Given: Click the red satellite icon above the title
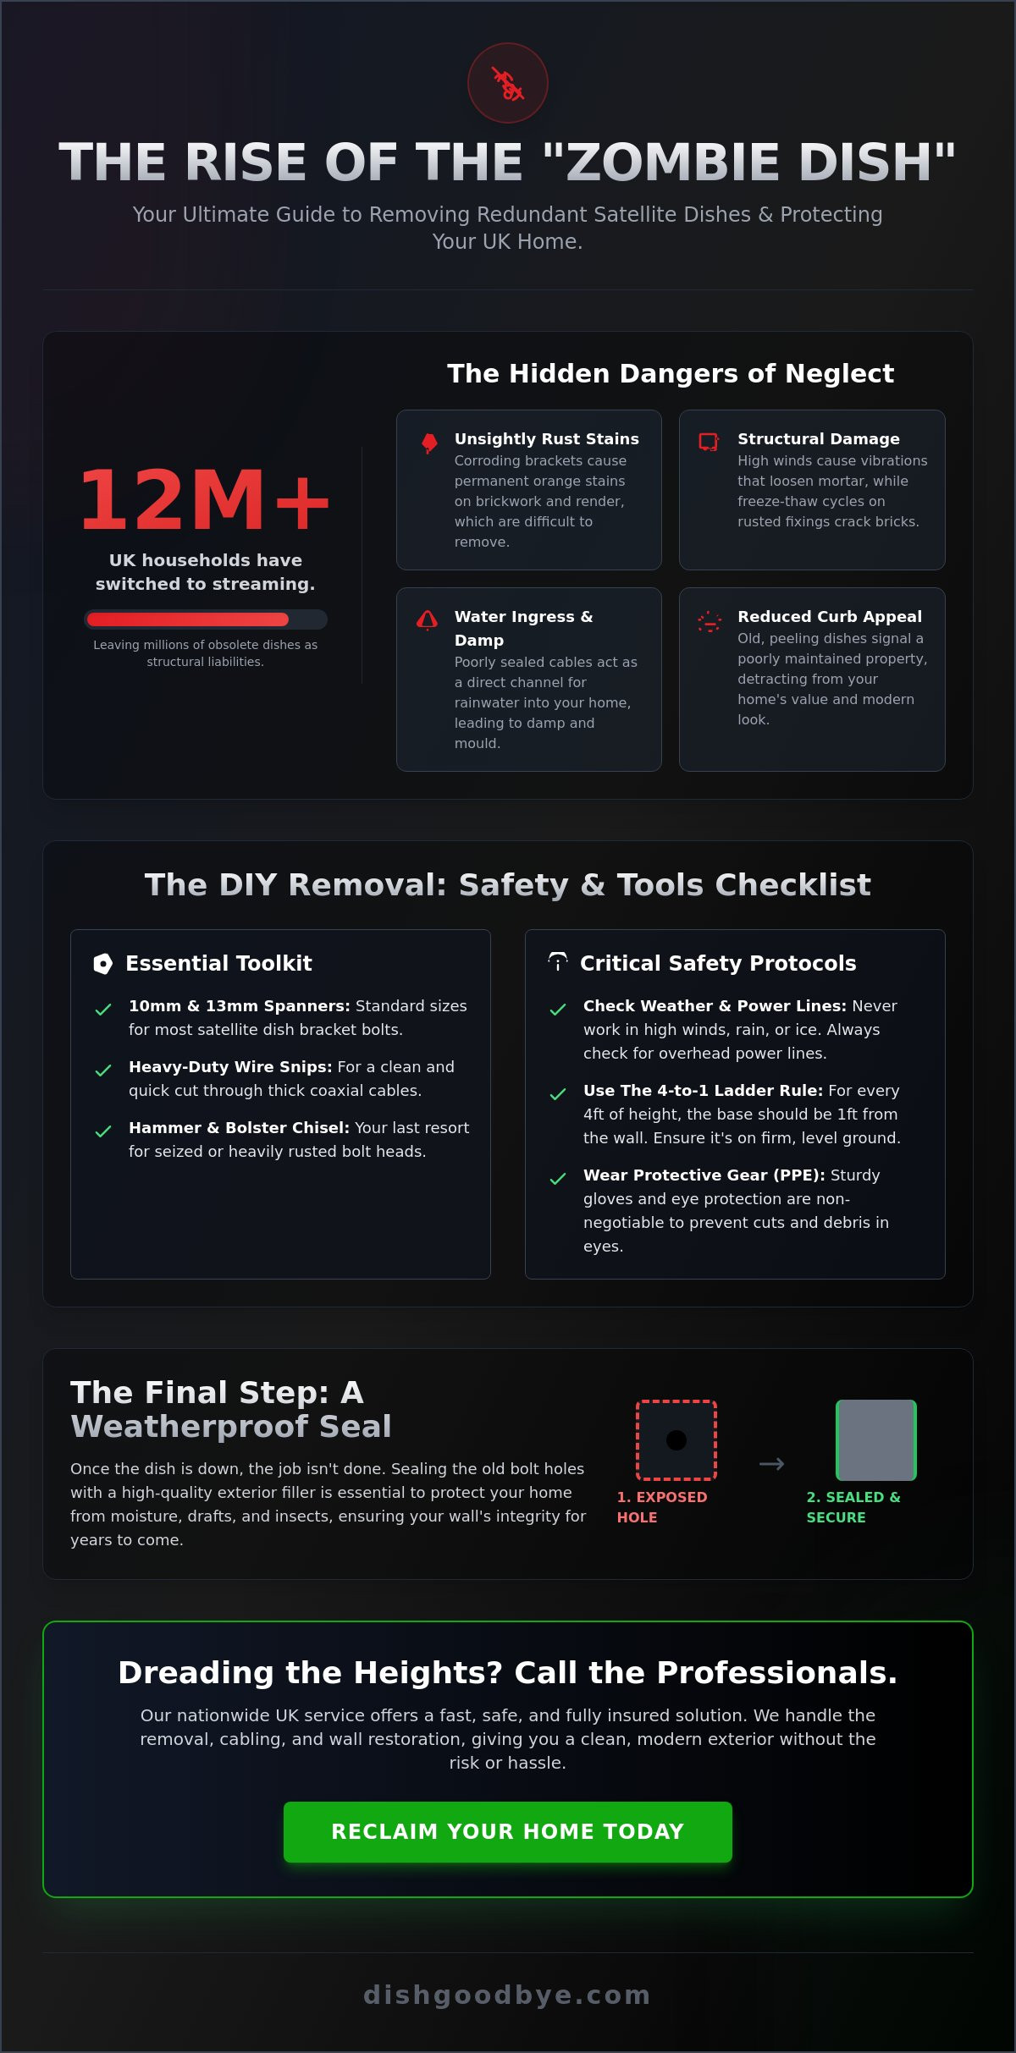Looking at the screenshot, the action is (508, 84).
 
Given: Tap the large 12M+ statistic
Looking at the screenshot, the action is (205, 500).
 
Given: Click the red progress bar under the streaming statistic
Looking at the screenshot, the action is (188, 619).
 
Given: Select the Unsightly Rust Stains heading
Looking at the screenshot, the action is (546, 438).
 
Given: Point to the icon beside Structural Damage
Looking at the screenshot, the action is (709, 442).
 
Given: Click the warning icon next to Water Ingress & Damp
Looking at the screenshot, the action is (428, 620).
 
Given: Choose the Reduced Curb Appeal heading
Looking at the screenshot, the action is (829, 616).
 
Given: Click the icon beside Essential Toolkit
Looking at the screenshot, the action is (103, 963).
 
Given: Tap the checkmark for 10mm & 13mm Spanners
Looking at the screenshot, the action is (103, 1010).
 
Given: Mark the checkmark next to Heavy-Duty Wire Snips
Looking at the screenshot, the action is (103, 1071).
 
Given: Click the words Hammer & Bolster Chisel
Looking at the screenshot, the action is (239, 1127).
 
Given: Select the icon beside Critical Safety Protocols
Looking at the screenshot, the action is (558, 962).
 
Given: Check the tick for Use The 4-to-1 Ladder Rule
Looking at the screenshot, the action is (558, 1094).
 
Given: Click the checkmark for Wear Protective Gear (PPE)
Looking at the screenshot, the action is (558, 1179).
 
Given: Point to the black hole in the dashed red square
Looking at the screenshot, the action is (676, 1439).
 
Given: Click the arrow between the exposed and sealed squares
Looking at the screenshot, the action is (771, 1463).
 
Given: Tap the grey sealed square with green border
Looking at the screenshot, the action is (876, 1439).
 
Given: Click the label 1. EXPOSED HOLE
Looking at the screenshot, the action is (662, 1506).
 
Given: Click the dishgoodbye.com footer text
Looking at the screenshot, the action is (507, 1994).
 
